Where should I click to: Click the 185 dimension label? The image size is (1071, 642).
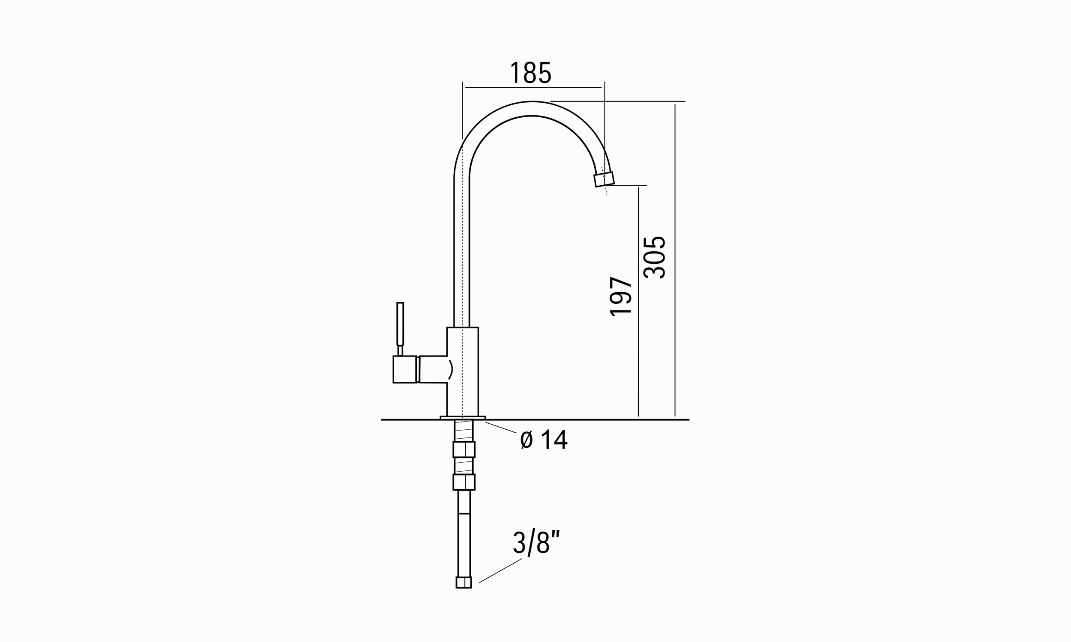(x=531, y=73)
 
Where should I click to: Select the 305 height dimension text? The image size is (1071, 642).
(x=654, y=257)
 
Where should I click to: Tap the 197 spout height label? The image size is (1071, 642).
(x=621, y=297)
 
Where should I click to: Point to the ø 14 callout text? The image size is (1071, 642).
(x=544, y=440)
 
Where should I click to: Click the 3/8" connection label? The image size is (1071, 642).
(x=536, y=542)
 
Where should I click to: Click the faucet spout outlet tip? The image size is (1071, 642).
(x=604, y=179)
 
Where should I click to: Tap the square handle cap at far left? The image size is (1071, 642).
(x=404, y=369)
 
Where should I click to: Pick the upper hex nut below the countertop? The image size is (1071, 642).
(x=464, y=449)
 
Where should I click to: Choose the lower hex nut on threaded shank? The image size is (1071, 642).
(x=464, y=482)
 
